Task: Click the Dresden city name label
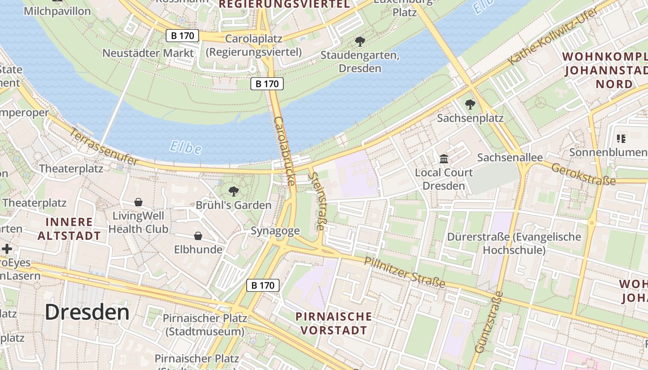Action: coord(87,312)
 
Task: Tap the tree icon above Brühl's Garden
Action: coord(234,191)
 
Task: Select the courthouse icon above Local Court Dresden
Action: coord(444,159)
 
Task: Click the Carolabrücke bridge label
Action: coord(285,151)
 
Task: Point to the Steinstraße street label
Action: coord(318,201)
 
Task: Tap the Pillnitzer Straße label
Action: coord(405,272)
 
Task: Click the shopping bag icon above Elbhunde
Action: coord(198,236)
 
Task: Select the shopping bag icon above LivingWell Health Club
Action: coord(138,202)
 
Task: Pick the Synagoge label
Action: coord(275,231)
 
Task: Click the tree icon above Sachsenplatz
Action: coord(470,105)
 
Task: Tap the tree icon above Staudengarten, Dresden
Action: coord(360,42)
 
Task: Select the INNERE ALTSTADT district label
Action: coord(69,229)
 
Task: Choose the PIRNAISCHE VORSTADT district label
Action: coord(333,323)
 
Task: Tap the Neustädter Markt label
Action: coord(148,53)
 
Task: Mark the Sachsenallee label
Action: coord(510,158)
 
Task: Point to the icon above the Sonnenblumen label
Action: coord(621,138)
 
